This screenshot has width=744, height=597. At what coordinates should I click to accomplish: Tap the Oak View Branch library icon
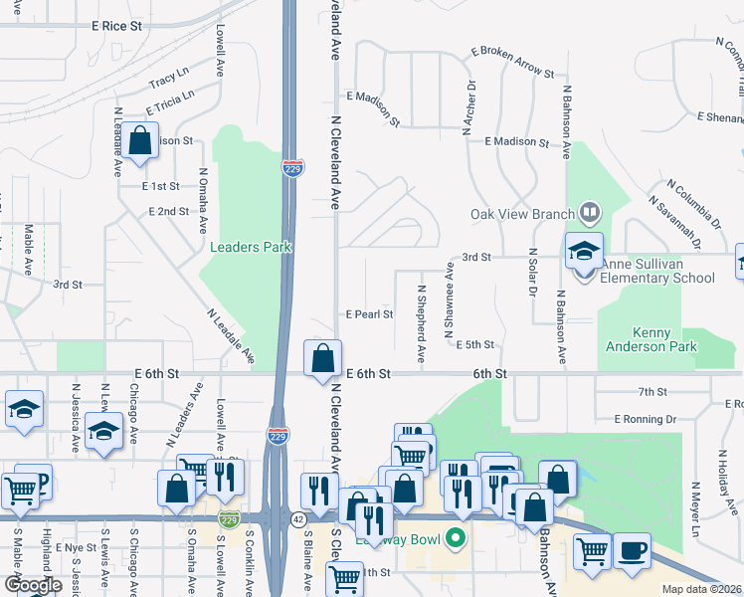click(590, 213)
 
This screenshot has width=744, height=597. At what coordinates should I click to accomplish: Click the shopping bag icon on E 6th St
click(323, 359)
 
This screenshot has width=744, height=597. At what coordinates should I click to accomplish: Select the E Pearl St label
click(369, 314)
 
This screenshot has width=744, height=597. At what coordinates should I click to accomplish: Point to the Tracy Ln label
click(168, 77)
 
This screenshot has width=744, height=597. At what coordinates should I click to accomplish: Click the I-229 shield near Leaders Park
click(291, 168)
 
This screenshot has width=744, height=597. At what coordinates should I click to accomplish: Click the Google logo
click(33, 585)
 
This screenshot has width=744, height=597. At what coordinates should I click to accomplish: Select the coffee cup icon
click(632, 550)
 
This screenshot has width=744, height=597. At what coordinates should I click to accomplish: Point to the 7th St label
click(652, 392)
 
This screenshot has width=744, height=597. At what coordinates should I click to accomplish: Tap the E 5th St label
click(474, 344)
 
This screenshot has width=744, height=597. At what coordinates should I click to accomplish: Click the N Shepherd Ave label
click(422, 323)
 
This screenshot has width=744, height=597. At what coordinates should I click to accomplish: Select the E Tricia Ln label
click(170, 100)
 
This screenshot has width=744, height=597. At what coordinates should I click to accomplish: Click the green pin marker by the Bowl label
click(457, 539)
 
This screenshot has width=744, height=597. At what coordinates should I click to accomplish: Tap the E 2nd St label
click(168, 212)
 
